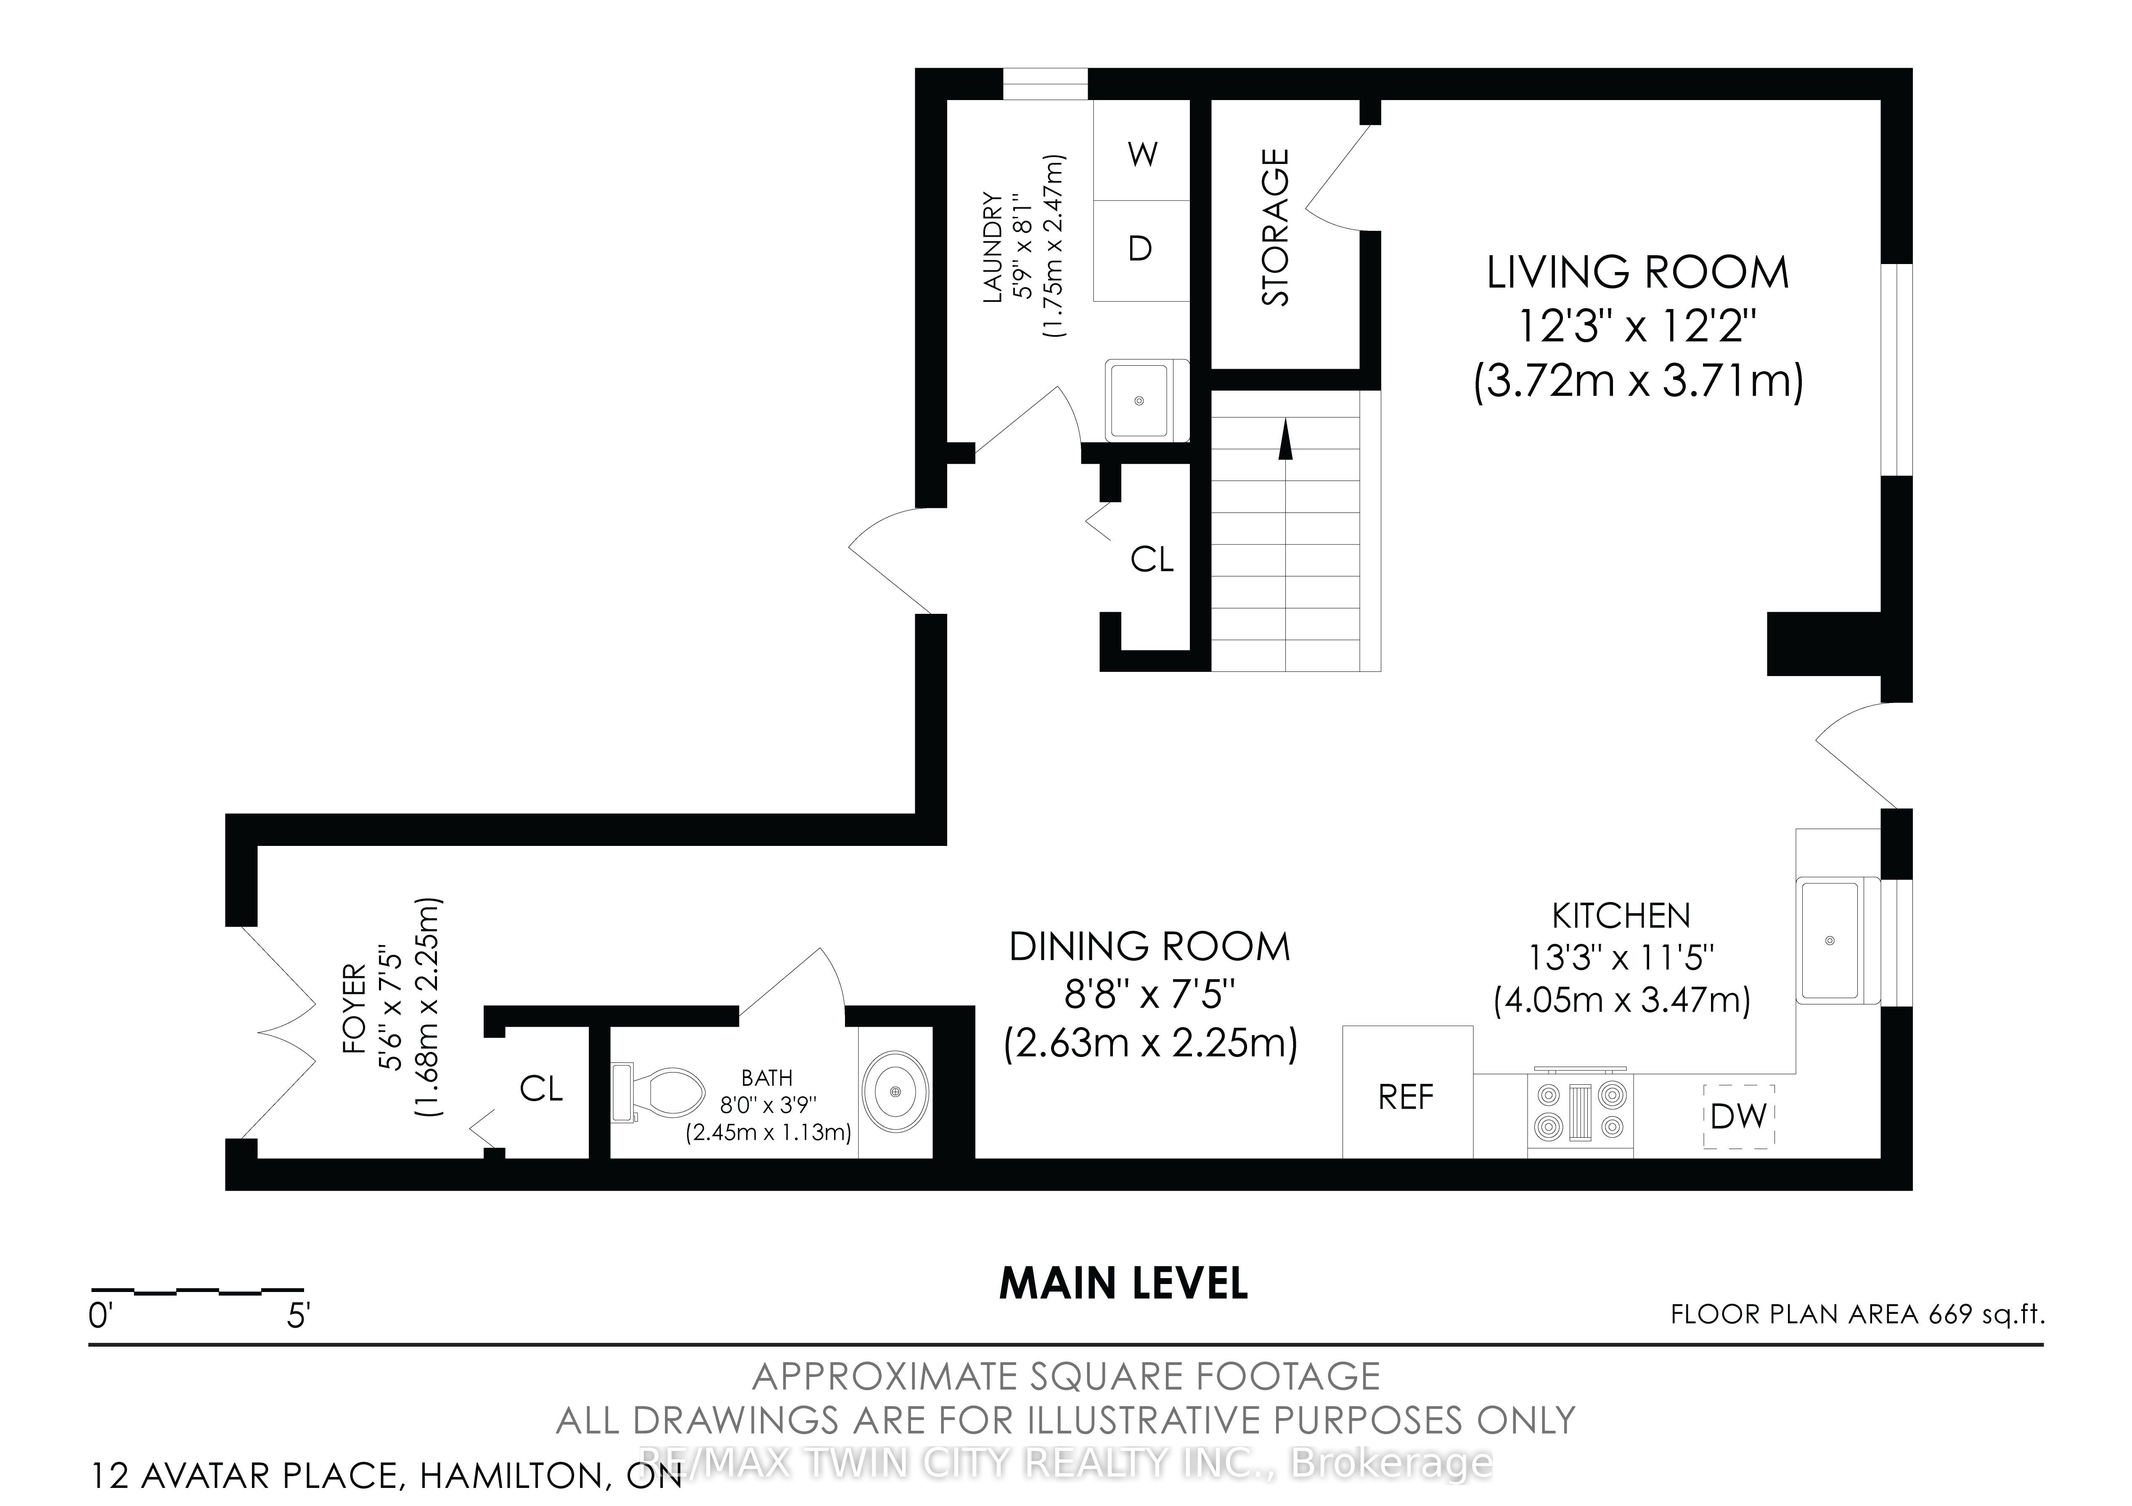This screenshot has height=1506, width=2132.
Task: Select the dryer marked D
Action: click(1141, 251)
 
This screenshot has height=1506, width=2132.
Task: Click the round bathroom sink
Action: click(895, 1091)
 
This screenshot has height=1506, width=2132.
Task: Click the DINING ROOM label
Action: click(1149, 947)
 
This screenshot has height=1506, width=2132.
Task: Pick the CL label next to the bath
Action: click(541, 1088)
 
